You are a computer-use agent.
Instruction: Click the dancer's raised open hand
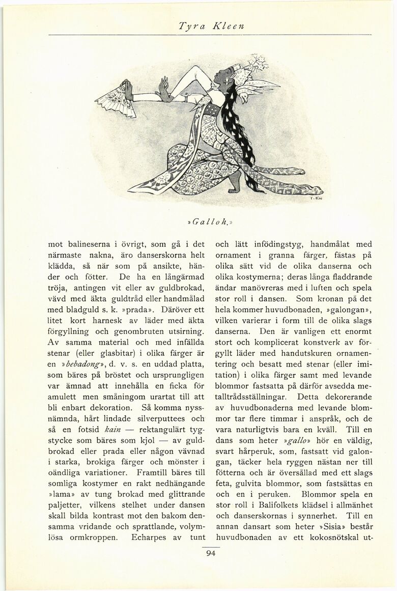[x=164, y=89]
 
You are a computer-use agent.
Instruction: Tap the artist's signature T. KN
[x=314, y=200]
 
